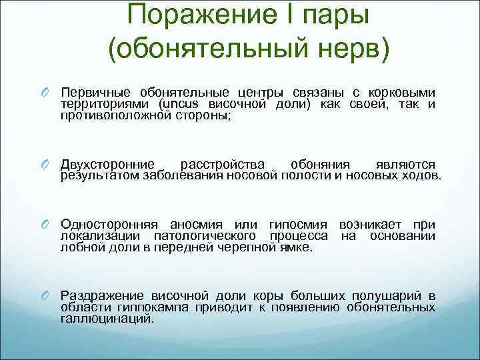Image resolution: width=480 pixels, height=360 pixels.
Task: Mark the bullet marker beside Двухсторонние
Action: pyautogui.click(x=47, y=165)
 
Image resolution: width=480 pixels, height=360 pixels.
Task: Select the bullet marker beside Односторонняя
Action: pyautogui.click(x=47, y=225)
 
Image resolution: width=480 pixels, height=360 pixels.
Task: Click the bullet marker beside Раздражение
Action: pyautogui.click(x=47, y=296)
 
